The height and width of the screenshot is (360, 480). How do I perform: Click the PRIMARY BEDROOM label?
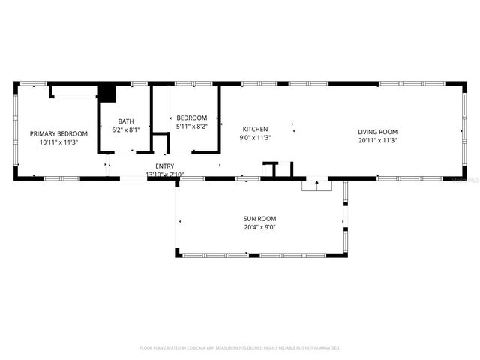coord(58,133)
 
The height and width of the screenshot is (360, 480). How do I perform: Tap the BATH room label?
coord(125,121)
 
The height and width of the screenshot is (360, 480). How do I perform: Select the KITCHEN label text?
coord(254,129)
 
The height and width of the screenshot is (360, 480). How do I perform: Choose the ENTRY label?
coord(164,166)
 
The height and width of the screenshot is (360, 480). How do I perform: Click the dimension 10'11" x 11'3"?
coord(58,142)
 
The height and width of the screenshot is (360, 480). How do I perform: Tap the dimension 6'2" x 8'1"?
coord(125,130)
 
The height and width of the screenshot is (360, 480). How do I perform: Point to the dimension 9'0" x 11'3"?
coord(254,138)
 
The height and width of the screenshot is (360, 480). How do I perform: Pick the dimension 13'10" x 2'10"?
coord(164,175)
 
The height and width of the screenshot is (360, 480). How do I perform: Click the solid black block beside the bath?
coord(107,94)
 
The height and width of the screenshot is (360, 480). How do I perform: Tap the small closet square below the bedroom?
coord(160,143)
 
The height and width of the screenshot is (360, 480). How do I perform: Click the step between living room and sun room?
coord(316,185)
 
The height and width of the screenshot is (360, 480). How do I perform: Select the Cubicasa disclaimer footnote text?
coord(240,348)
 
